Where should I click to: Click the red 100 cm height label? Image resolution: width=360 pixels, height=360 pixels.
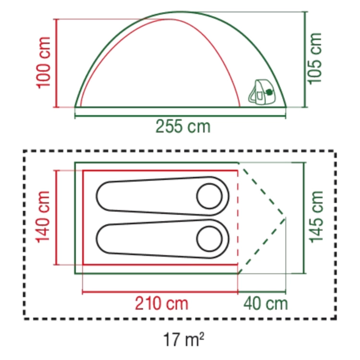[43, 63]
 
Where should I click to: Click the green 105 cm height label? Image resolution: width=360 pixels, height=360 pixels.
[314, 59]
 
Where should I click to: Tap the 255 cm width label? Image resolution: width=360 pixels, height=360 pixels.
[183, 127]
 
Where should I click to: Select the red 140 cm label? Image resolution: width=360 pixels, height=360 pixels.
[42, 216]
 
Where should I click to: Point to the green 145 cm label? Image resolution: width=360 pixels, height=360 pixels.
[316, 216]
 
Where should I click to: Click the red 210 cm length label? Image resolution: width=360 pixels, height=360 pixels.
[161, 303]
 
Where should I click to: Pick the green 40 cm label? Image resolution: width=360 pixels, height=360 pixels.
[265, 303]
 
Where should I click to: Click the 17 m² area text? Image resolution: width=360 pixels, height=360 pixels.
[183, 339]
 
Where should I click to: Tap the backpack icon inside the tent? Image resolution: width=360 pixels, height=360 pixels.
[262, 92]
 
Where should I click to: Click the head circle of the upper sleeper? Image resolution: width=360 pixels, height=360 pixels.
[209, 196]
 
